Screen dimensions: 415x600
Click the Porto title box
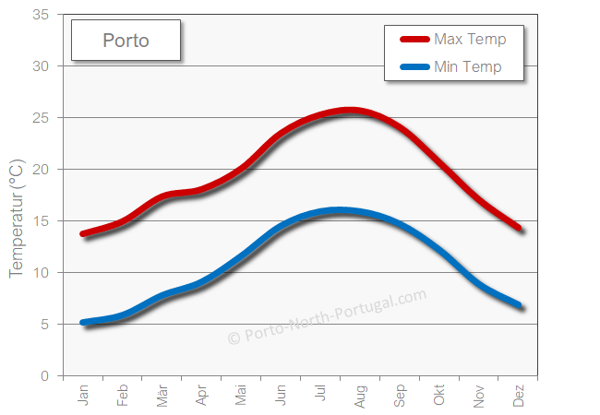point(126,41)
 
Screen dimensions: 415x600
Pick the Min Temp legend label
point(467,66)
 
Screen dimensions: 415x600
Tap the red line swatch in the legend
point(414,39)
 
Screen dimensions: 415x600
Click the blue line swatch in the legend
point(414,66)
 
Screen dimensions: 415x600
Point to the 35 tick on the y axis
point(41,15)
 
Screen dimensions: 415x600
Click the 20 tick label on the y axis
point(41,170)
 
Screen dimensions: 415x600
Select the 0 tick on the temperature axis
point(44,376)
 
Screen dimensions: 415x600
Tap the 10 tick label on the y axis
point(41,273)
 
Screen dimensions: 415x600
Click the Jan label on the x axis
point(83,396)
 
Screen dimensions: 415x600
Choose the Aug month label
point(360,397)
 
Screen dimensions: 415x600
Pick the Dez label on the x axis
point(519,397)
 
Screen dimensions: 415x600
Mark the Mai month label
point(241,396)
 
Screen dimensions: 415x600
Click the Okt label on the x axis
point(439,396)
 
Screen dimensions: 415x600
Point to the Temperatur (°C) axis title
point(16,218)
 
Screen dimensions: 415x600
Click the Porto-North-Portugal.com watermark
point(327,316)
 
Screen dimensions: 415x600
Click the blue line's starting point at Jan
point(83,323)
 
